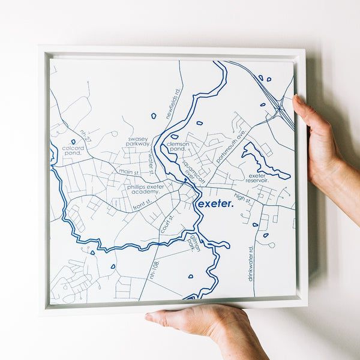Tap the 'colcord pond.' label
[x=72, y=151]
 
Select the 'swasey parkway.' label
[x=137, y=142]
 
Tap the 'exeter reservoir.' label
[x=258, y=178]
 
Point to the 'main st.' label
[x=128, y=172]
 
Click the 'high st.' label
[x=243, y=197]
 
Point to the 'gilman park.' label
[x=194, y=242]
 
